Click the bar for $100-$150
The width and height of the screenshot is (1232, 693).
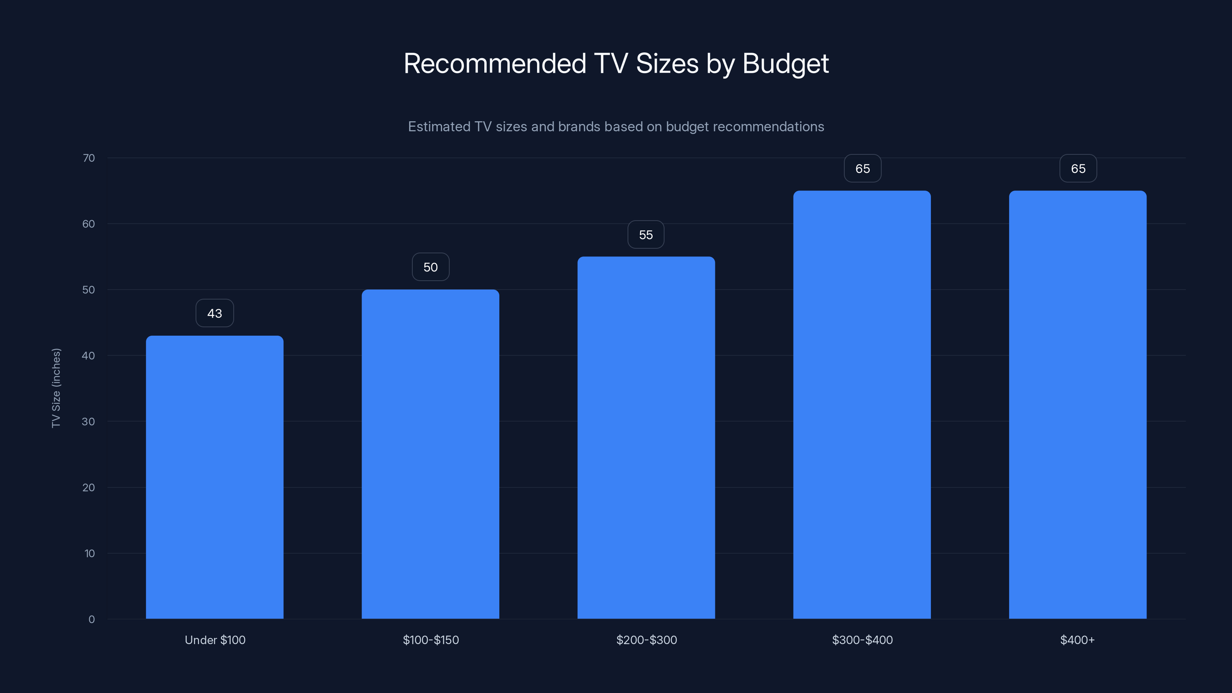(x=430, y=454)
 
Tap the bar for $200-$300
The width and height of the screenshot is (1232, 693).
(x=646, y=438)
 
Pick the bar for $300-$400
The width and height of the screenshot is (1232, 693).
(x=862, y=405)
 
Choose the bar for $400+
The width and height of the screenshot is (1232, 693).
(x=1078, y=405)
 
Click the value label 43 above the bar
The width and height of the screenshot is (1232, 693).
(x=215, y=313)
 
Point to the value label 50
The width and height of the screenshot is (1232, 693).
(x=430, y=267)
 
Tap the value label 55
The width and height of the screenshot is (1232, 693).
(x=646, y=235)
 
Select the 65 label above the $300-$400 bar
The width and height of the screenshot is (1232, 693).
(x=862, y=168)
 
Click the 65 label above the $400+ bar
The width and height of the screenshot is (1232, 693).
(x=1078, y=168)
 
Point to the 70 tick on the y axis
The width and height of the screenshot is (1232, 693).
(x=89, y=158)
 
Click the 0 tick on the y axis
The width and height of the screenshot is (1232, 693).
(x=91, y=619)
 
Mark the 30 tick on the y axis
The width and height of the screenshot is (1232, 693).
(x=89, y=421)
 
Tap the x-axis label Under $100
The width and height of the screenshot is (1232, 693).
(x=215, y=640)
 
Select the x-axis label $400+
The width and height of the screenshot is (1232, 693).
(x=1077, y=640)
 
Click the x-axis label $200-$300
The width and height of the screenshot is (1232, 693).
(x=646, y=640)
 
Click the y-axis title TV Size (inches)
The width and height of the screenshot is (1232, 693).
(x=56, y=388)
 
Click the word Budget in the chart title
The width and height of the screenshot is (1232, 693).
(x=785, y=64)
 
